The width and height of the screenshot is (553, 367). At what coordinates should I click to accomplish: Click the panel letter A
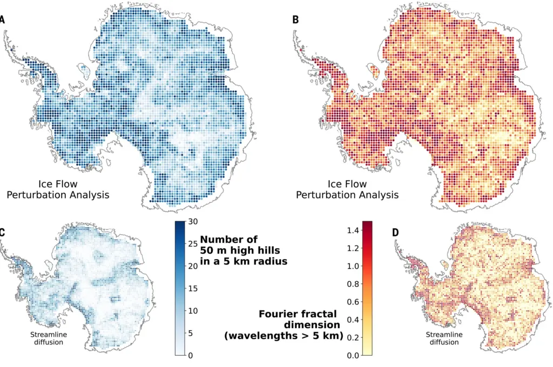pyautogui.click(x=2, y=20)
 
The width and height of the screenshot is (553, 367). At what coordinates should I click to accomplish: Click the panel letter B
pyautogui.click(x=295, y=20)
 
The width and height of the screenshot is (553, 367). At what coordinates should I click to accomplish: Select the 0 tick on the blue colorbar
pyautogui.click(x=191, y=355)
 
